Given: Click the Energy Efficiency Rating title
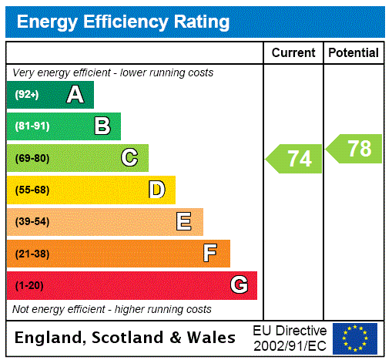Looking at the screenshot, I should [x=123, y=22].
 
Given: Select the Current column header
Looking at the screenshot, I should [x=293, y=53].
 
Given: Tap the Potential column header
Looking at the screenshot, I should [x=353, y=53].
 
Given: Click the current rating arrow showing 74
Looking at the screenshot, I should [x=296, y=159].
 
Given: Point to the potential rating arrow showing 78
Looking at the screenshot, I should [x=356, y=149].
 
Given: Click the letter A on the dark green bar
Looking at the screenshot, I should [x=75, y=95].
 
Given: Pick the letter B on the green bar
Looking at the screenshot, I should [x=102, y=126].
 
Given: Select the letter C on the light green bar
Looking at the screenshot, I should [x=129, y=158].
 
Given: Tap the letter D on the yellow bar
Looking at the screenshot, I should [x=156, y=190].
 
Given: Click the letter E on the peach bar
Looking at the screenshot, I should [x=184, y=222].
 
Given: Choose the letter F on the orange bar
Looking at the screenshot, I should [x=210, y=254].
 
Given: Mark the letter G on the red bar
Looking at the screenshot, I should [x=239, y=285].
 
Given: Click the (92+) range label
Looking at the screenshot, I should [x=27, y=96].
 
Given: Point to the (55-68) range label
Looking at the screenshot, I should [x=32, y=190].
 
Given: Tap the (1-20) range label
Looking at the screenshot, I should [x=29, y=286].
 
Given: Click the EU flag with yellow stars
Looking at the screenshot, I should [x=355, y=338].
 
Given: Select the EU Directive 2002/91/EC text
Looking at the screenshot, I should [x=290, y=338].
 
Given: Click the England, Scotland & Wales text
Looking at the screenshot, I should [x=126, y=338].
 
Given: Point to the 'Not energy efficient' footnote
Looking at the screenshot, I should [x=112, y=309].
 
